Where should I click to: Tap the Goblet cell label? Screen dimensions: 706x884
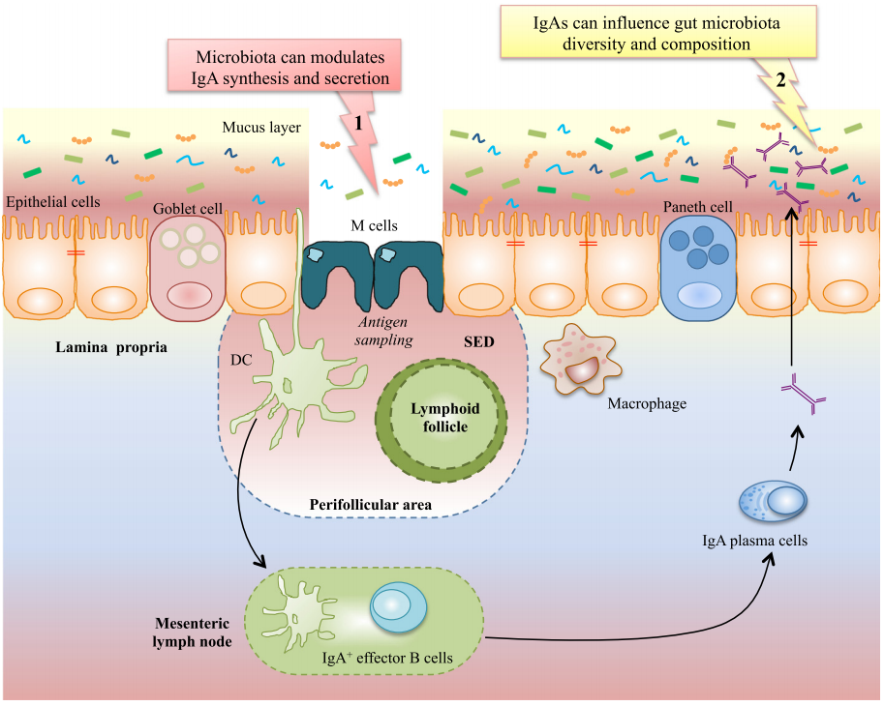187,209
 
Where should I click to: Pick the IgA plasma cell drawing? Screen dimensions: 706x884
773,500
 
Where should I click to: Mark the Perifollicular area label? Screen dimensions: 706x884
370,505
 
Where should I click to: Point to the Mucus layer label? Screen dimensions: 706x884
261,127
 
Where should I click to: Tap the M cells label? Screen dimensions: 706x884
374,225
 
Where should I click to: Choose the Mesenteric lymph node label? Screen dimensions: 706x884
192,632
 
